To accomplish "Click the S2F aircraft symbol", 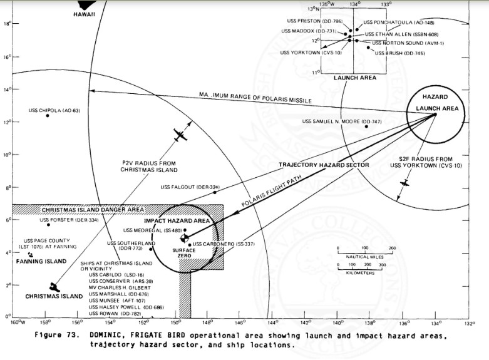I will click(x=405, y=183).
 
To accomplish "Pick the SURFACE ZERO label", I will click(x=185, y=253).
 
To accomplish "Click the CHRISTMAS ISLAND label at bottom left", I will click(x=54, y=296).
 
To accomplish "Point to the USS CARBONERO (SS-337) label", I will click(x=215, y=244).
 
